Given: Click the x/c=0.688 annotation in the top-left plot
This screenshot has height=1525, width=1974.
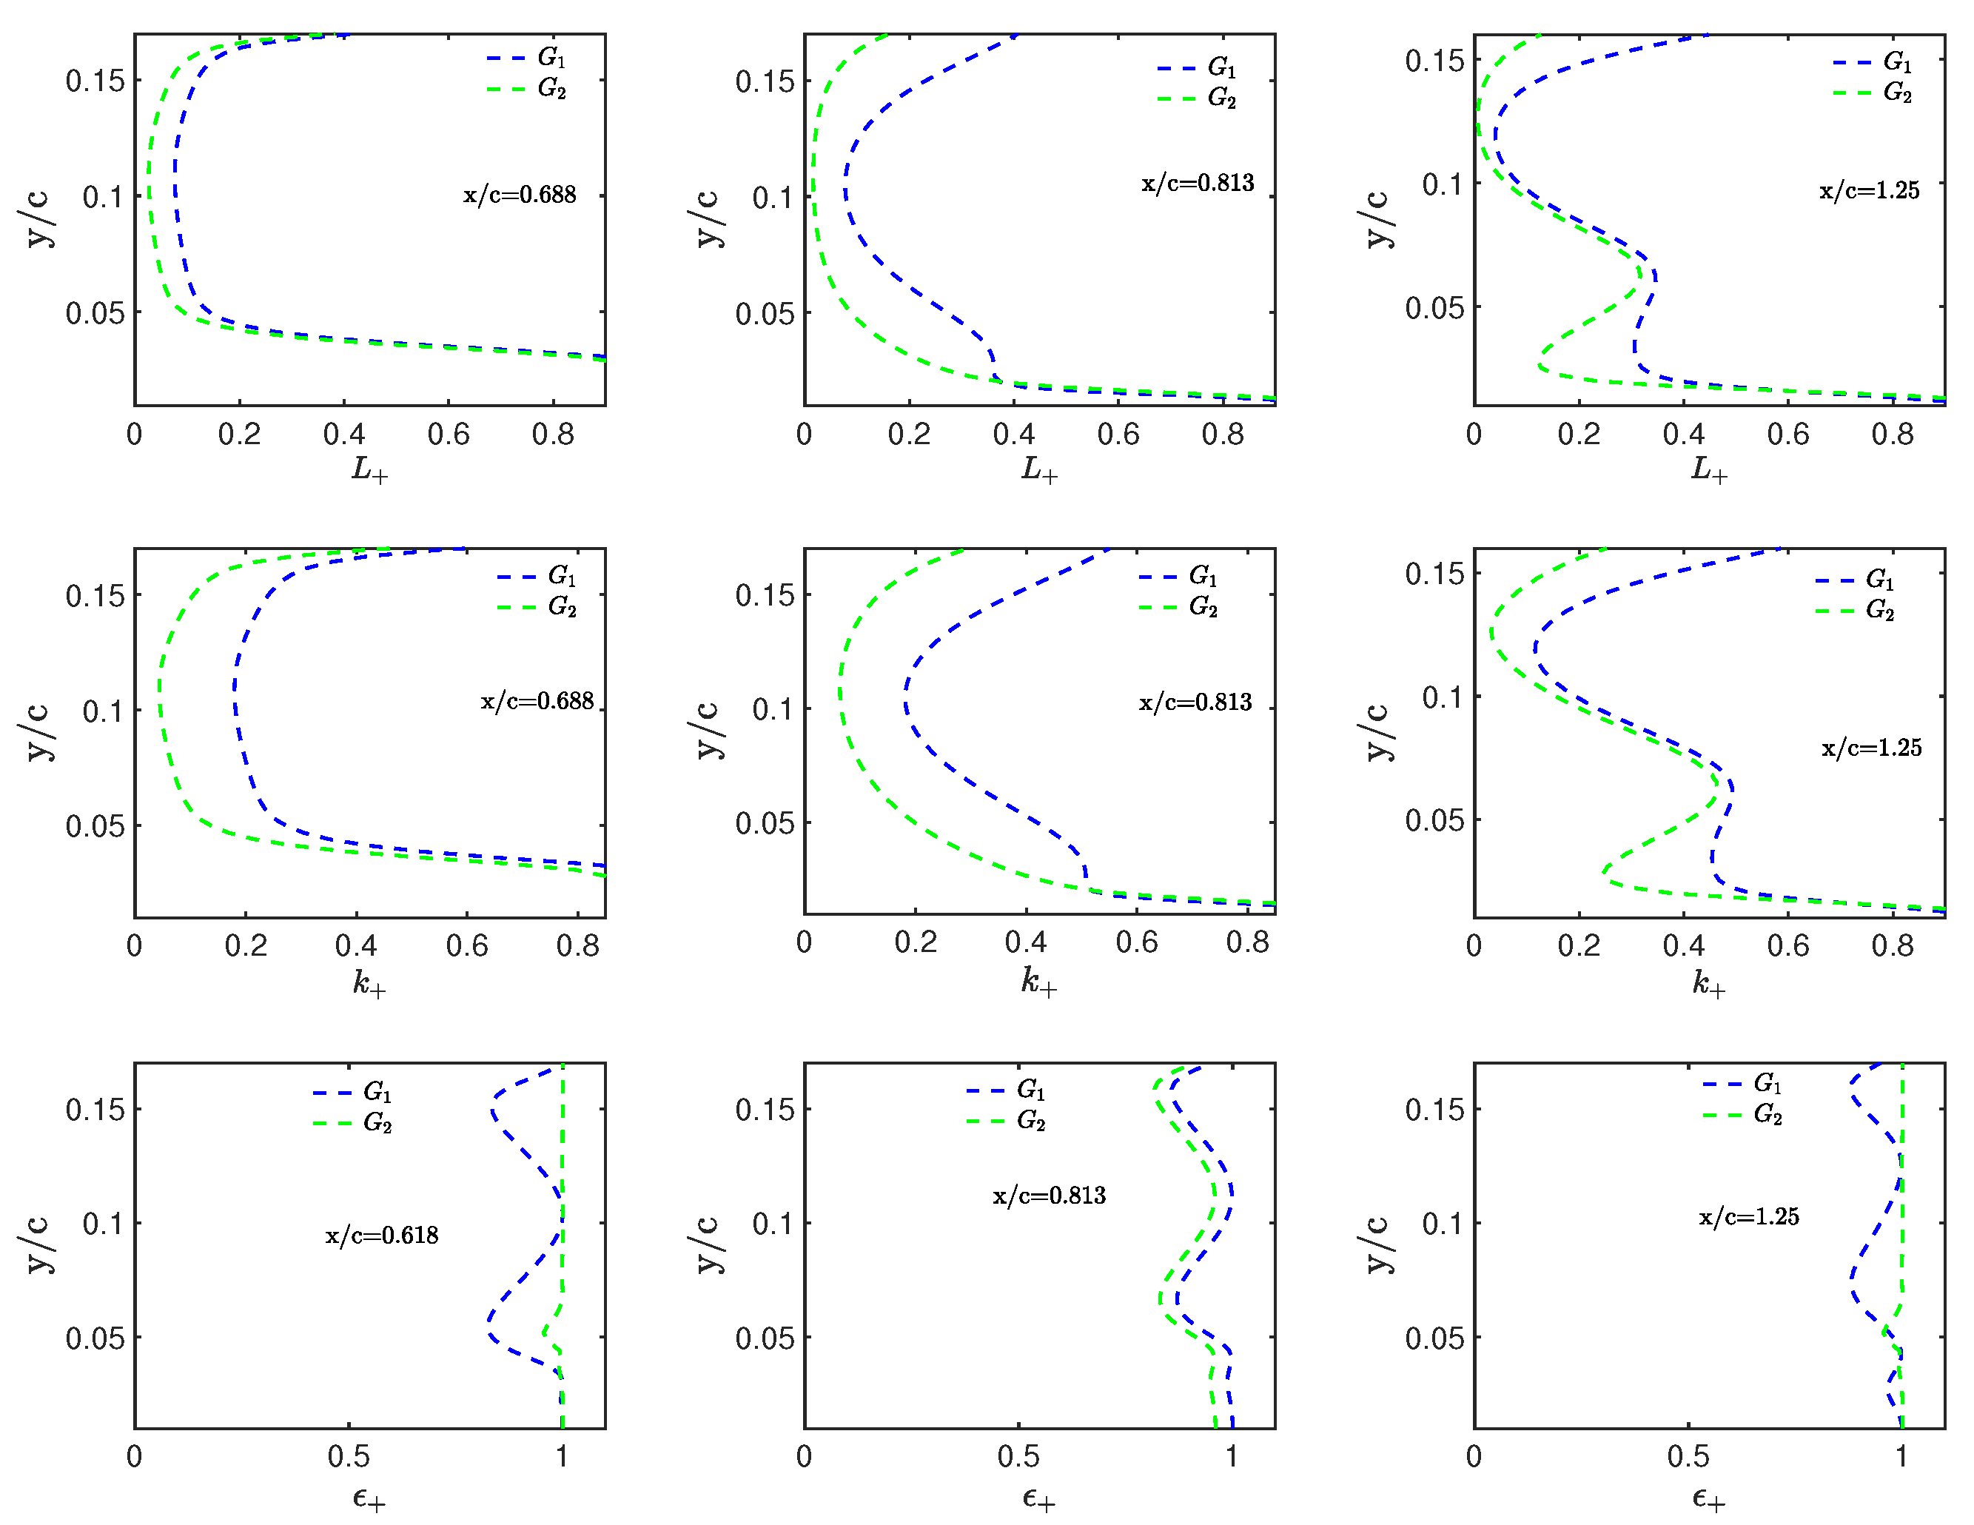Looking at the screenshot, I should coord(520,195).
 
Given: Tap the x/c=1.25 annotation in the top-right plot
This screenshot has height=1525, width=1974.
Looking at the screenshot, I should coord(1868,191).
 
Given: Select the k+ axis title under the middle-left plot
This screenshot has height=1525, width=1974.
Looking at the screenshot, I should coord(369,982).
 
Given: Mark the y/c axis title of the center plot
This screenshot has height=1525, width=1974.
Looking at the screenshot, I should coord(708,731).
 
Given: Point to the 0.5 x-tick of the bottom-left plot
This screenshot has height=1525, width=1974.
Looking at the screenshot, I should coord(348,1456).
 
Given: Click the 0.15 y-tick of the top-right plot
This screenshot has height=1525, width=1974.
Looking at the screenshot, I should coord(1434,61).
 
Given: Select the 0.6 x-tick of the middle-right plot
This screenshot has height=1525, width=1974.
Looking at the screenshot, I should coord(1787,945).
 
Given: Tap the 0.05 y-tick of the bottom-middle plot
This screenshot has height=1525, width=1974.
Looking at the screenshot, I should coord(764,1338).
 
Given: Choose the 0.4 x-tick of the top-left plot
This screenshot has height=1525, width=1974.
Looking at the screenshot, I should coord(343,435).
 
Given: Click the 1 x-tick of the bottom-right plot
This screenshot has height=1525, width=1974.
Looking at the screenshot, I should coord(1901,1456).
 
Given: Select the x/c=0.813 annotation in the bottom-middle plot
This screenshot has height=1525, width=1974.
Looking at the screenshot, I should coord(1049,1196).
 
